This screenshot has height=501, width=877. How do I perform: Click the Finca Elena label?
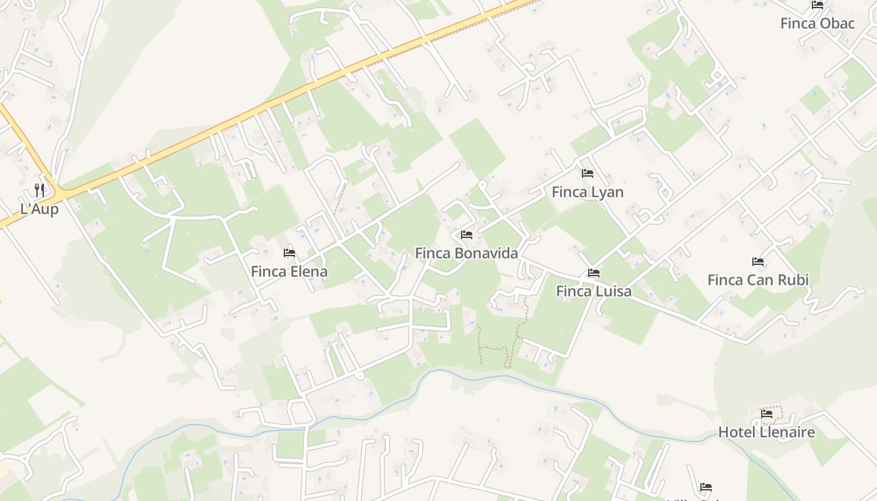click(289, 272)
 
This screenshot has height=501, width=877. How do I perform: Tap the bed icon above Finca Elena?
click(289, 253)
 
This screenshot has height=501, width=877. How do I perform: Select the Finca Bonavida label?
click(467, 254)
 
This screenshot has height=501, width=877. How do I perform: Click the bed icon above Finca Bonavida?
click(466, 235)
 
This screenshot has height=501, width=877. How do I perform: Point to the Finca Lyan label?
click(588, 192)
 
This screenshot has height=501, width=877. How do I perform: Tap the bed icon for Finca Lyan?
click(587, 173)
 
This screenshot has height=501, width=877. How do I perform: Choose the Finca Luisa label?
click(594, 292)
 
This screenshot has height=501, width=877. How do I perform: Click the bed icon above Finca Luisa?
click(593, 273)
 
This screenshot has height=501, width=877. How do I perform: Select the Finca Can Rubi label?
click(758, 280)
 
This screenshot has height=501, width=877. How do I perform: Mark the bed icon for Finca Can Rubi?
click(758, 262)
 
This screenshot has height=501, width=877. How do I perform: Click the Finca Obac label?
click(817, 24)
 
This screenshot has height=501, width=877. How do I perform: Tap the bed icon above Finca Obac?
click(817, 5)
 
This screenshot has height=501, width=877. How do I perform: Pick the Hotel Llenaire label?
click(767, 432)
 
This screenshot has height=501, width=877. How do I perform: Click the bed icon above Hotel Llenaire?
click(767, 413)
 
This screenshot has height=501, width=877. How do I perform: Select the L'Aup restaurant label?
click(39, 209)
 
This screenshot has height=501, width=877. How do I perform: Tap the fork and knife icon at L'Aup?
click(39, 190)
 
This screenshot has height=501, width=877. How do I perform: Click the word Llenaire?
click(787, 432)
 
